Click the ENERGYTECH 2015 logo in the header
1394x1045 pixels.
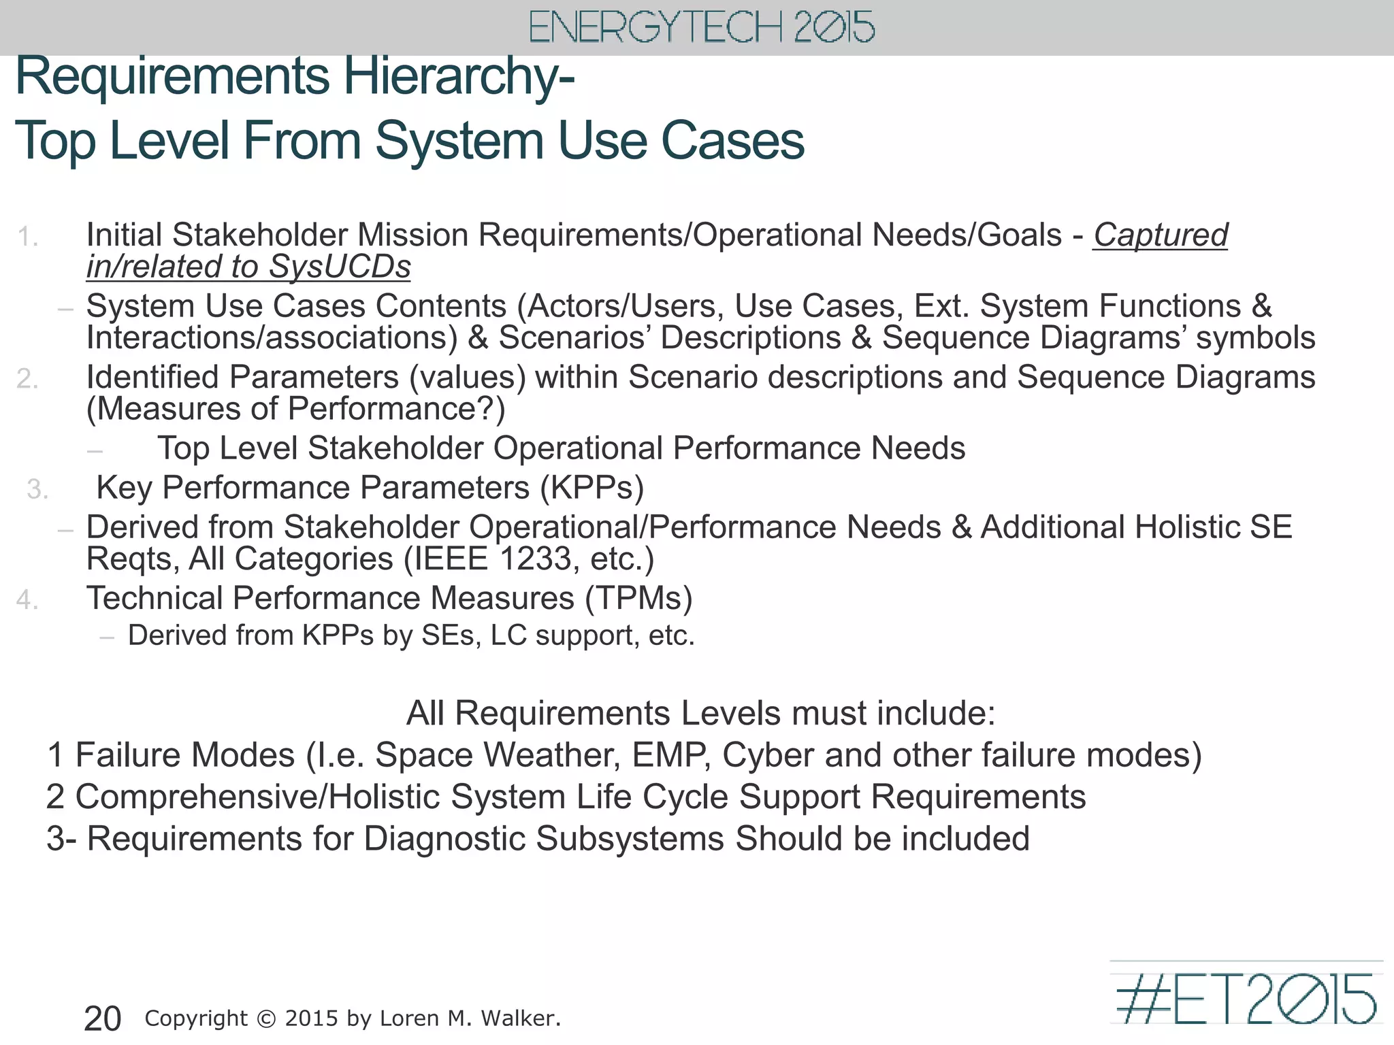point(702,27)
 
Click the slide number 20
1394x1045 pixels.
point(102,1018)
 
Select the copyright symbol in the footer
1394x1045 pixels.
point(267,1018)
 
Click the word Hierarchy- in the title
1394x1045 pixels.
point(459,76)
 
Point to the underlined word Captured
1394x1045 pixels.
point(1160,235)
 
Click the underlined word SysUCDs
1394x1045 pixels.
point(340,267)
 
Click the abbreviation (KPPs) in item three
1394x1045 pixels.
point(591,488)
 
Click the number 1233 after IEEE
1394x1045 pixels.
point(535,559)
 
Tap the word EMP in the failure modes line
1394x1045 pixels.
point(671,755)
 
